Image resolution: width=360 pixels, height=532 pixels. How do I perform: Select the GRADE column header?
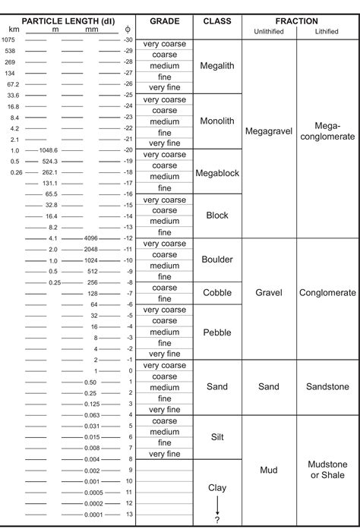[164, 21]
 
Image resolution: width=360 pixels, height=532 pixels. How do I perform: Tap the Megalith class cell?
[217, 66]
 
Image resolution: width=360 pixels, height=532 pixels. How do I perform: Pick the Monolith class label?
[217, 121]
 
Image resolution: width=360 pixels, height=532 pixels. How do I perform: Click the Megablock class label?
[217, 173]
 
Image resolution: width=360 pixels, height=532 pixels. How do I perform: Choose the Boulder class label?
[217, 260]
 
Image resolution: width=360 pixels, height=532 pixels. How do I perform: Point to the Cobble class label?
[217, 293]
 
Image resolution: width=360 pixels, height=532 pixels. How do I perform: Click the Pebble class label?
[217, 332]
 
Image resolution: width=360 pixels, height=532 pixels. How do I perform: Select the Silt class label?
[217, 436]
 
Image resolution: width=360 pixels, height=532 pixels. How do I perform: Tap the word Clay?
[217, 488]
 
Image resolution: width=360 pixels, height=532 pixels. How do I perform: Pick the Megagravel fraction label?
[269, 131]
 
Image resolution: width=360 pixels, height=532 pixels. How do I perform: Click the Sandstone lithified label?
[327, 386]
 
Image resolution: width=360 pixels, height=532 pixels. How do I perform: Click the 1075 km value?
[9, 39]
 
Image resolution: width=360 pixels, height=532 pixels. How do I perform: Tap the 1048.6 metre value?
[49, 150]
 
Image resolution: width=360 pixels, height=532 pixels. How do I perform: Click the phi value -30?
[128, 39]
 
